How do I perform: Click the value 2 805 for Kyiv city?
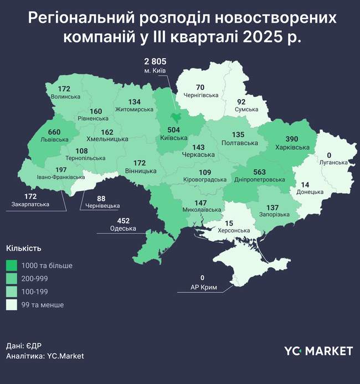pos(155,61)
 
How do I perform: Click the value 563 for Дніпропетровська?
pos(255,172)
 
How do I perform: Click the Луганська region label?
pos(333,163)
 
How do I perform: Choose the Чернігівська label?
pos(200,95)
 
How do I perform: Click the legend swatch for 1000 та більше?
pos(12,266)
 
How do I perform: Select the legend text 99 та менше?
pos(43,305)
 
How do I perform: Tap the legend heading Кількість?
pos(23,248)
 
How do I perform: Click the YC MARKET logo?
pos(318,351)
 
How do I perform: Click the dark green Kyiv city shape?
pos(177,117)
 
